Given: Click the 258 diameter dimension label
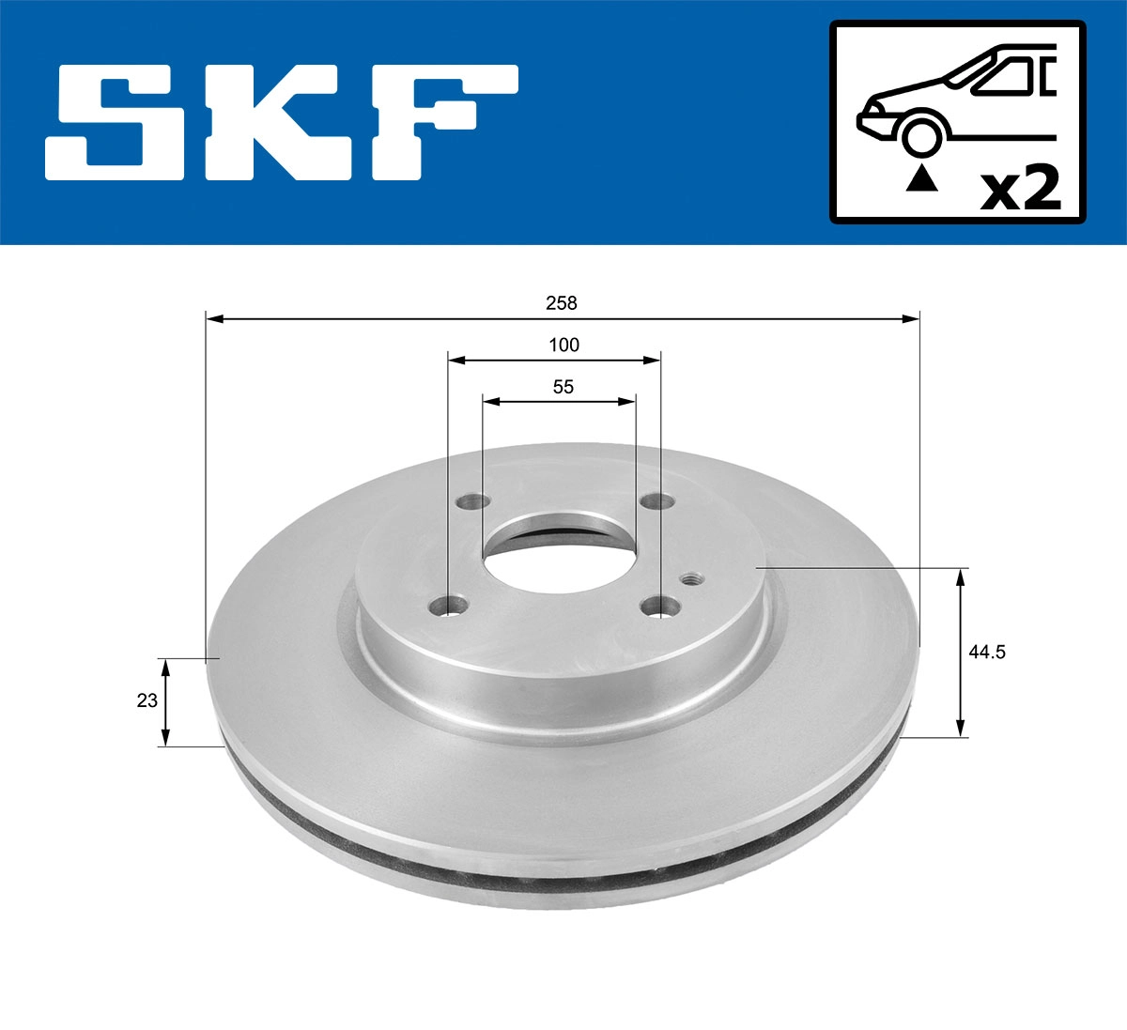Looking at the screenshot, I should [x=563, y=303].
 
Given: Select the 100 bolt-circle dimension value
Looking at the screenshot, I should [x=563, y=345].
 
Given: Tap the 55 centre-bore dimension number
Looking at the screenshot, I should [x=563, y=386].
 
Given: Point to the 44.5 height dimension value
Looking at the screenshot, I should [x=987, y=653].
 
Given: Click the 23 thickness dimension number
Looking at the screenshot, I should [x=147, y=700].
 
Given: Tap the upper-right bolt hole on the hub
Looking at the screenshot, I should [x=654, y=502].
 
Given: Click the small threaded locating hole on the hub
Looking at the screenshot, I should [x=692, y=577].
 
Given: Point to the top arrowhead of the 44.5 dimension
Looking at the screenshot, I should [x=960, y=576].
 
